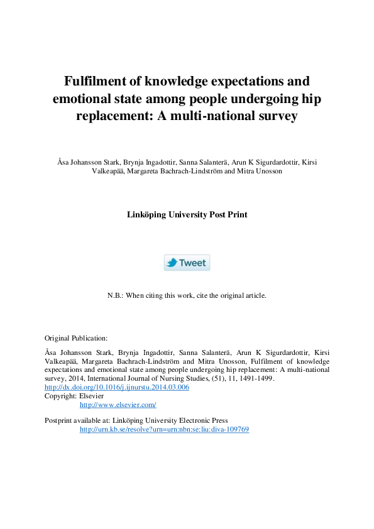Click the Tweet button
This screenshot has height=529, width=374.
pos(187,263)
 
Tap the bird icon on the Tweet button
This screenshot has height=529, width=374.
pos(171,263)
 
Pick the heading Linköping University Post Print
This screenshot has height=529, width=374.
pos(187,214)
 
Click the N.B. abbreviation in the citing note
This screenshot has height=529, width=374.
pos(116,295)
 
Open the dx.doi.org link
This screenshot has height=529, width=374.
pos(117,388)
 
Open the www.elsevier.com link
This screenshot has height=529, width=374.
pos(118,405)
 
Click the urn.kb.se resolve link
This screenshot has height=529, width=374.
pos(164,429)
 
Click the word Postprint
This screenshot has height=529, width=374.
pos(60,420)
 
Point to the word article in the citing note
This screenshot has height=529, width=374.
pos(255,295)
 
